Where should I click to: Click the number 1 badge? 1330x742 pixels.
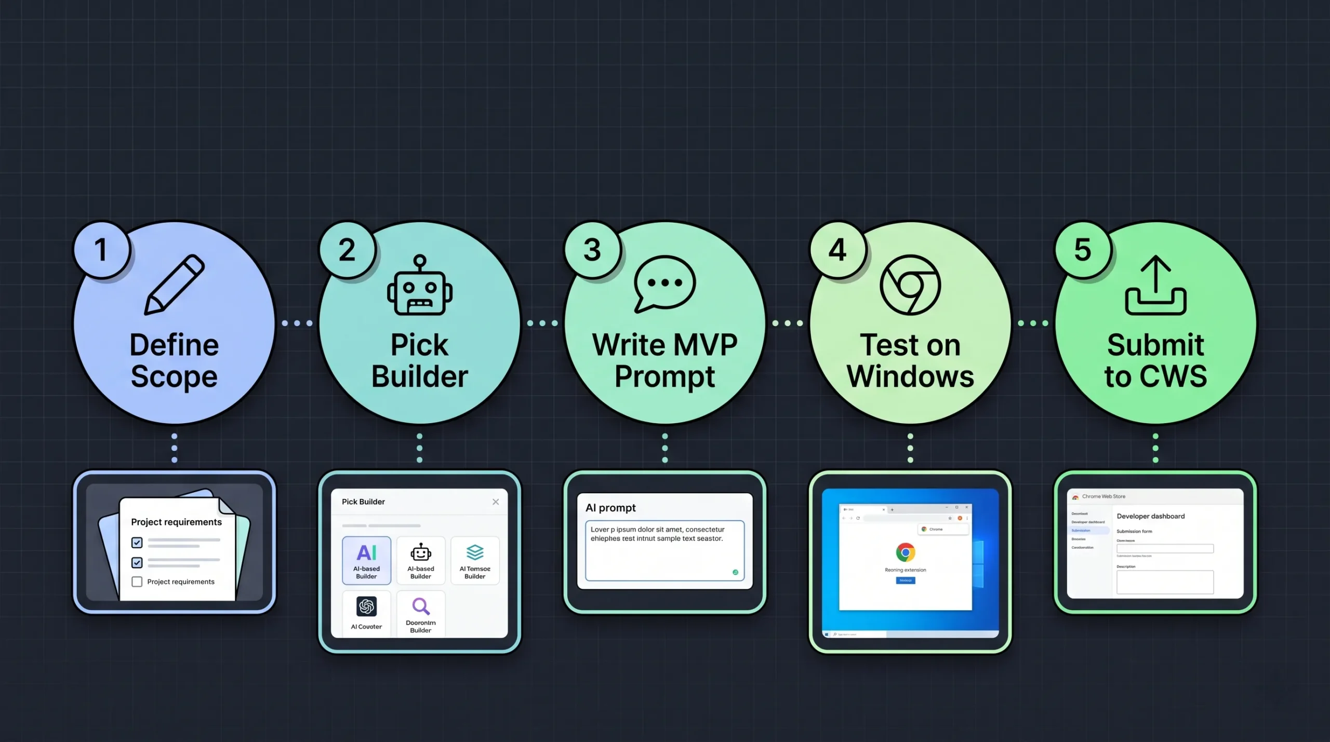pyautogui.click(x=101, y=250)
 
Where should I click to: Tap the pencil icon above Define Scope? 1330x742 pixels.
pyautogui.click(x=175, y=284)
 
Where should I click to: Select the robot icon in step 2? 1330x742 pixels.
pyautogui.click(x=420, y=286)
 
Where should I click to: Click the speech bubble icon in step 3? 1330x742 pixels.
pyautogui.click(x=664, y=284)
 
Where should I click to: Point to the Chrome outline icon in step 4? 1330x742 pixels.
pyautogui.click(x=910, y=285)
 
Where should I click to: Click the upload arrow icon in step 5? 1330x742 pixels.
pyautogui.click(x=1155, y=285)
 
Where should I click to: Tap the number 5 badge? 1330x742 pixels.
pyautogui.click(x=1083, y=250)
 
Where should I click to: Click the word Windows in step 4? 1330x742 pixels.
pyautogui.click(x=910, y=376)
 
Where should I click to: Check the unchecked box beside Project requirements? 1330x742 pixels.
pyautogui.click(x=137, y=582)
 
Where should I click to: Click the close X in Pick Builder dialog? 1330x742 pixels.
pyautogui.click(x=496, y=502)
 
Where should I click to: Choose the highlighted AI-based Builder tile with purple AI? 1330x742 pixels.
pyautogui.click(x=366, y=560)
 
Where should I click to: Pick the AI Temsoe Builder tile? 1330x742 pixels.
pyautogui.click(x=475, y=560)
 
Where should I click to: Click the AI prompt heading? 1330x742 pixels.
pyautogui.click(x=610, y=508)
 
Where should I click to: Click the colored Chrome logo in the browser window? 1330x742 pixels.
pyautogui.click(x=905, y=552)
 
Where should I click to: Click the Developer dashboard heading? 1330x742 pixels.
pyautogui.click(x=1151, y=516)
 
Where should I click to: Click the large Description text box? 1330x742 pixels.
pyautogui.click(x=1165, y=582)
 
